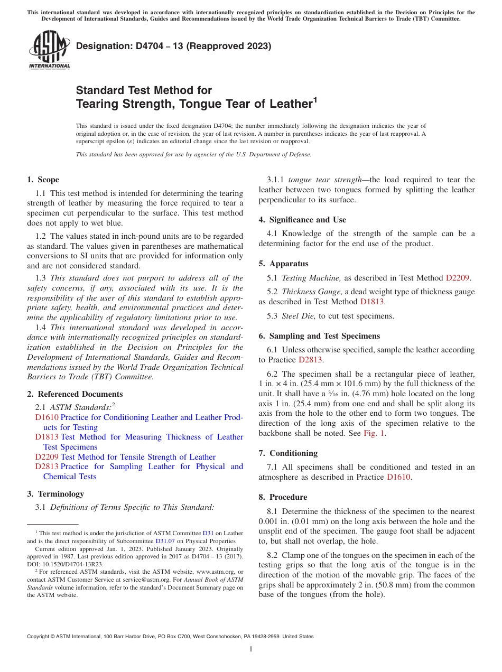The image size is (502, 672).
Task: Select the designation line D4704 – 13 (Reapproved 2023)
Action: click(173, 46)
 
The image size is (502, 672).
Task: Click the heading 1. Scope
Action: click(43, 180)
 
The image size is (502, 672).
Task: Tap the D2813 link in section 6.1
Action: click(311, 360)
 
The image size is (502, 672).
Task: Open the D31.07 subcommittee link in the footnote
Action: click(163, 541)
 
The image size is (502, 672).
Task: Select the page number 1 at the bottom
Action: click(251, 649)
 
